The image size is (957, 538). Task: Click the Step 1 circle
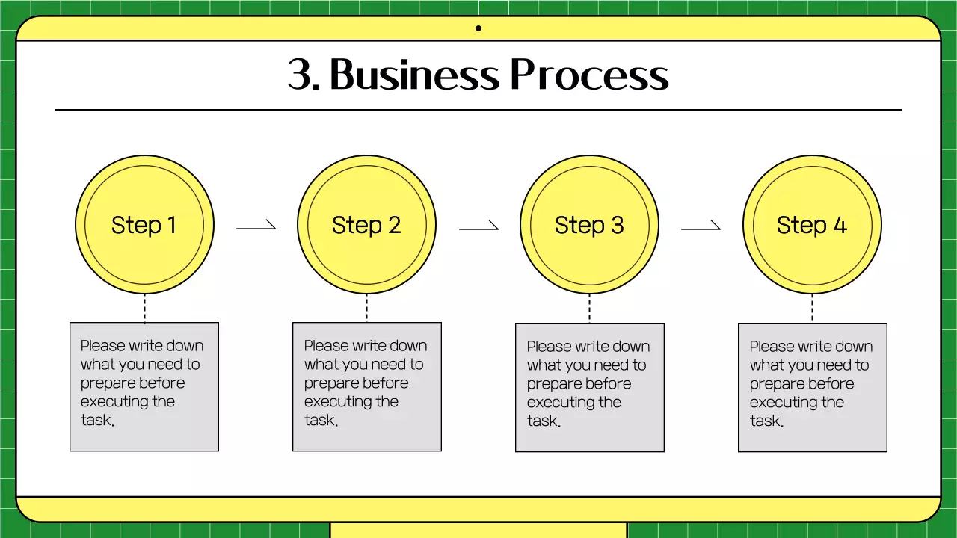pyautogui.click(x=144, y=224)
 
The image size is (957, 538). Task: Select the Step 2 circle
pyautogui.click(x=366, y=224)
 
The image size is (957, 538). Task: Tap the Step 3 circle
pyautogui.click(x=589, y=224)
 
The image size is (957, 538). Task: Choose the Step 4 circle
pyautogui.click(x=812, y=224)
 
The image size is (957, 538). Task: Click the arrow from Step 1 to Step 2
pyautogui.click(x=256, y=226)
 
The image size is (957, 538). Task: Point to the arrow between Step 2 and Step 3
pyautogui.click(x=478, y=226)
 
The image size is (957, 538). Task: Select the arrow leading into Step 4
pyautogui.click(x=701, y=226)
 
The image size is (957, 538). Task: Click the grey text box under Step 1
pyautogui.click(x=144, y=386)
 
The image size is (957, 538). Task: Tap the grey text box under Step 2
pyautogui.click(x=366, y=386)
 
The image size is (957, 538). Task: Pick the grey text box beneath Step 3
pyautogui.click(x=589, y=387)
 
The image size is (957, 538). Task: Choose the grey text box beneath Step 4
pyautogui.click(x=812, y=387)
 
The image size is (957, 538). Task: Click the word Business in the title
pyautogui.click(x=413, y=75)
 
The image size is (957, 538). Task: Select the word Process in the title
pyautogui.click(x=589, y=75)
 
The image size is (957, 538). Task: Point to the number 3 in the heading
pyautogui.click(x=299, y=75)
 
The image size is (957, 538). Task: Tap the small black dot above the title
pyautogui.click(x=478, y=28)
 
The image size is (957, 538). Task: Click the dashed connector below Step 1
pyautogui.click(x=144, y=308)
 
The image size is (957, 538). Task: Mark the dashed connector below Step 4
pyautogui.click(x=812, y=308)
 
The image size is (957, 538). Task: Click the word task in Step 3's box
pyautogui.click(x=542, y=421)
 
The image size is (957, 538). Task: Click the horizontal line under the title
pyautogui.click(x=478, y=110)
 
